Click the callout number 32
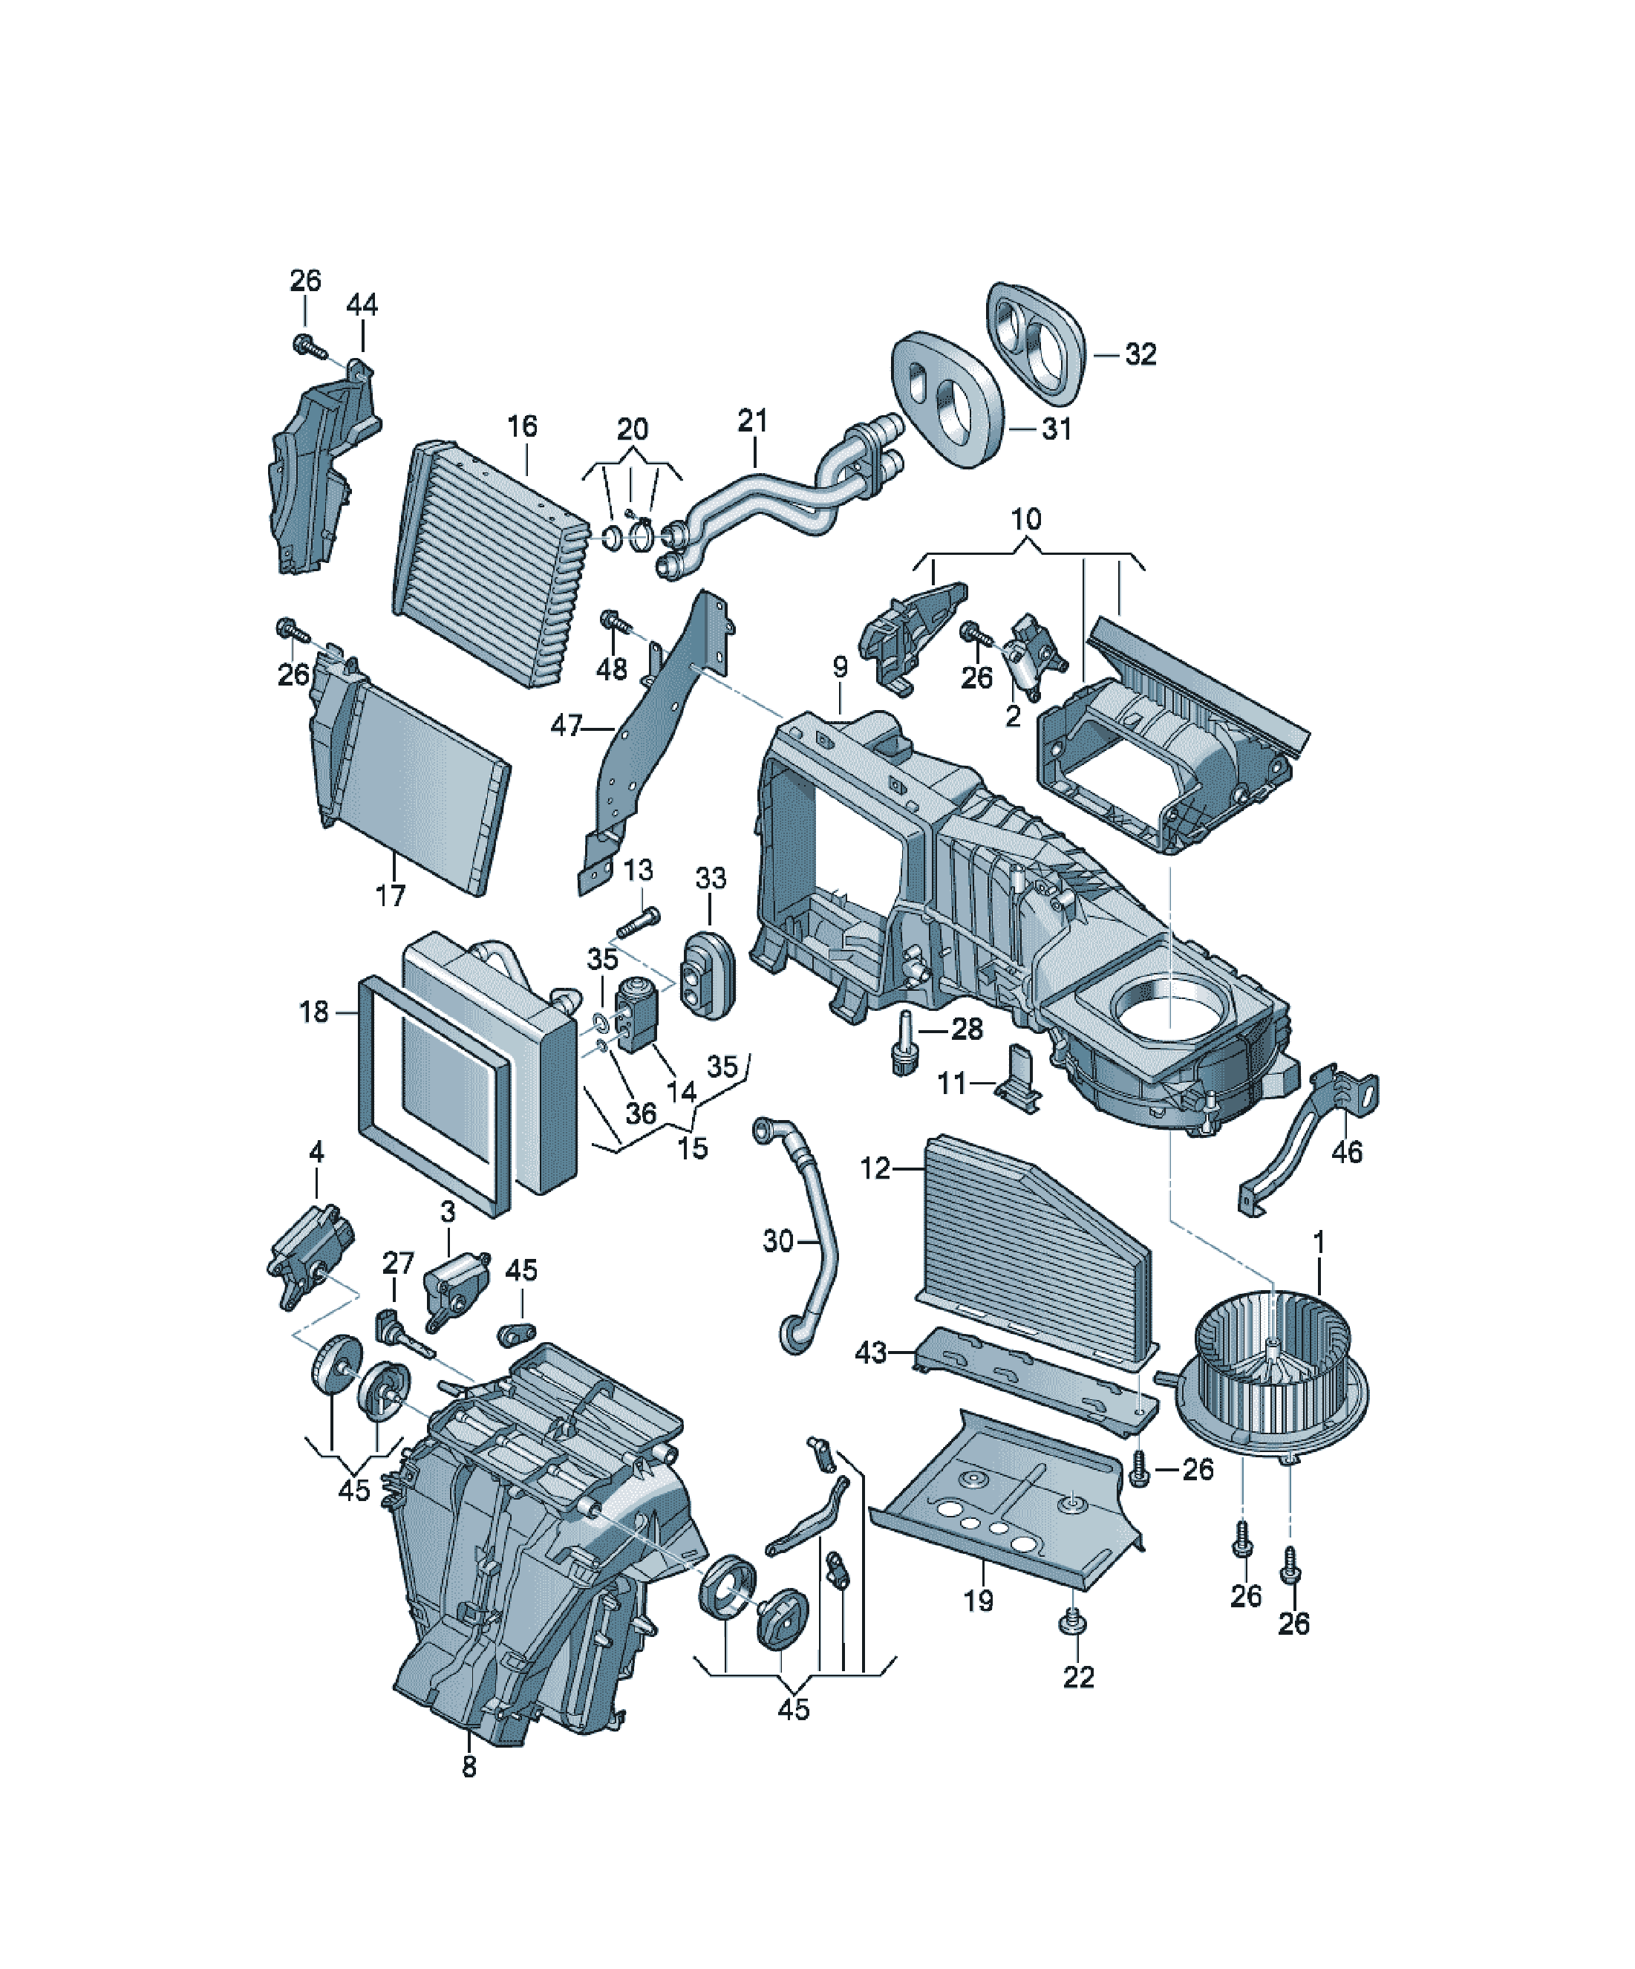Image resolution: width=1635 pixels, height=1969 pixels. [1140, 354]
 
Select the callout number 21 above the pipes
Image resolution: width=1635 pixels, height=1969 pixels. [753, 420]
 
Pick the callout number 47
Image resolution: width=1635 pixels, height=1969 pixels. [567, 725]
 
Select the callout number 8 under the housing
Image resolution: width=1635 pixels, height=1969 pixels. [469, 1766]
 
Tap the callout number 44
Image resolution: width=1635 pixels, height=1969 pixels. [362, 305]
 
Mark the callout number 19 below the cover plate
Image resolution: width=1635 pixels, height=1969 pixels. [978, 1600]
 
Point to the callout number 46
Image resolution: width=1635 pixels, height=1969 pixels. [1347, 1151]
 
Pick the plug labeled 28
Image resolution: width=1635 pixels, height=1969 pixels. [904, 1042]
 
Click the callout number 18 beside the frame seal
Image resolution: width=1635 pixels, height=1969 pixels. [314, 1012]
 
